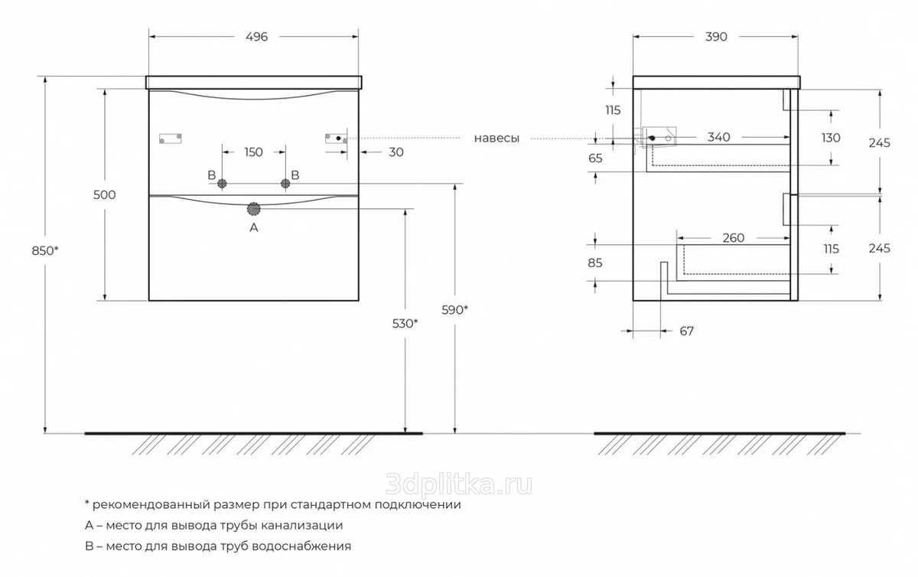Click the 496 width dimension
pyautogui.click(x=256, y=37)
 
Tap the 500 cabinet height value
pyautogui.click(x=104, y=194)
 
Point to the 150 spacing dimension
pyautogui.click(x=253, y=152)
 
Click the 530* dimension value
pyautogui.click(x=405, y=323)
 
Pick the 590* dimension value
pyautogui.click(x=455, y=310)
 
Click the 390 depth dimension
pyautogui.click(x=716, y=37)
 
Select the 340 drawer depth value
pyautogui.click(x=718, y=137)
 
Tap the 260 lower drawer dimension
pyautogui.click(x=733, y=238)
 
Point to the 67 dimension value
pyautogui.click(x=686, y=331)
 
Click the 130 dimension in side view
pyautogui.click(x=831, y=138)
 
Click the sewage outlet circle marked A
pyautogui.click(x=254, y=208)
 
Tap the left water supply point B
pyautogui.click(x=223, y=183)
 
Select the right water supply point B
pyautogui.click(x=285, y=183)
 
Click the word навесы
pyautogui.click(x=496, y=139)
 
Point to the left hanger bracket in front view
pyautogui.click(x=170, y=139)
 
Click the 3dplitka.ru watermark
pyautogui.click(x=459, y=484)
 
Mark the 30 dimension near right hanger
pyautogui.click(x=396, y=152)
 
